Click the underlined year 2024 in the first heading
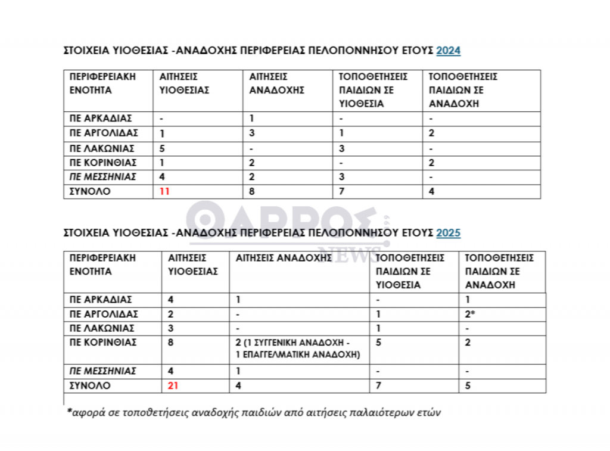(448, 51)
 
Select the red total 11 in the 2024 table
(165, 192)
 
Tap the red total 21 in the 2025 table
(173, 385)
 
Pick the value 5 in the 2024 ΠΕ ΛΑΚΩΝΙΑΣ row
(163, 148)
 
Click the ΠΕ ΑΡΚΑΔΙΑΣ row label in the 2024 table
(101, 119)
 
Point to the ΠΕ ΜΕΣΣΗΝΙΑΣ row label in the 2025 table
(103, 371)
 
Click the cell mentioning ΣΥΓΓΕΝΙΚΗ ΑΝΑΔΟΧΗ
(296, 349)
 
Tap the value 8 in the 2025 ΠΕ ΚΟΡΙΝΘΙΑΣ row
(171, 343)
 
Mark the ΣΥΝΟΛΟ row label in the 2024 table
(90, 192)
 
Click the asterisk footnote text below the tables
(254, 412)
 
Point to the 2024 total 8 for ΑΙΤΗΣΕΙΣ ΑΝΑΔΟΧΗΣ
(252, 192)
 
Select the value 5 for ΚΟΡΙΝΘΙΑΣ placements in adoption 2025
(379, 343)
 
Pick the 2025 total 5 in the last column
(468, 385)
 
